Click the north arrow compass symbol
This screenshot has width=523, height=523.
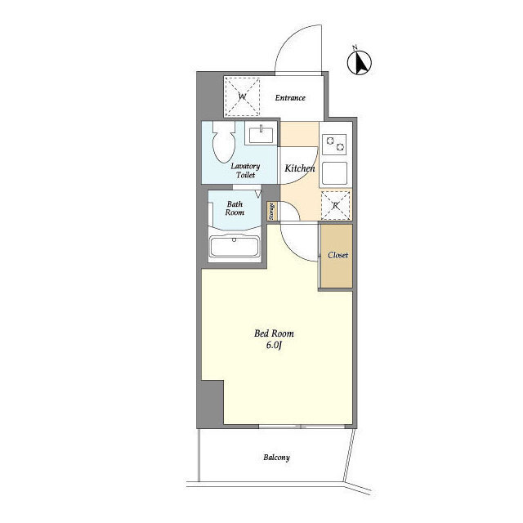tap(360, 62)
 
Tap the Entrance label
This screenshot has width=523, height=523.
tap(290, 98)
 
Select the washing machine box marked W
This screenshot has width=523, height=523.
tap(242, 96)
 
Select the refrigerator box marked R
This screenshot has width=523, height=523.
tap(335, 205)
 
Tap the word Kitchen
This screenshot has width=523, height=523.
tap(300, 168)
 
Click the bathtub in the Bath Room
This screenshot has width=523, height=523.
tap(235, 247)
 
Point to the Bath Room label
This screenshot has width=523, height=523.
tap(235, 208)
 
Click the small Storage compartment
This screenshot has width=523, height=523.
tap(271, 211)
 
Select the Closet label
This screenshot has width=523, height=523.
tap(337, 255)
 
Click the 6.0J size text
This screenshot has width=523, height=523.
tap(274, 345)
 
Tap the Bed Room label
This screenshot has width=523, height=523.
tap(274, 333)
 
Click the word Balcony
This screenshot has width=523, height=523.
tap(276, 458)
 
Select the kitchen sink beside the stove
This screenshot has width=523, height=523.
tap(334, 172)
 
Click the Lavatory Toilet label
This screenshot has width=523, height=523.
tap(245, 171)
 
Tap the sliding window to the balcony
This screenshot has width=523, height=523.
tap(302, 427)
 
